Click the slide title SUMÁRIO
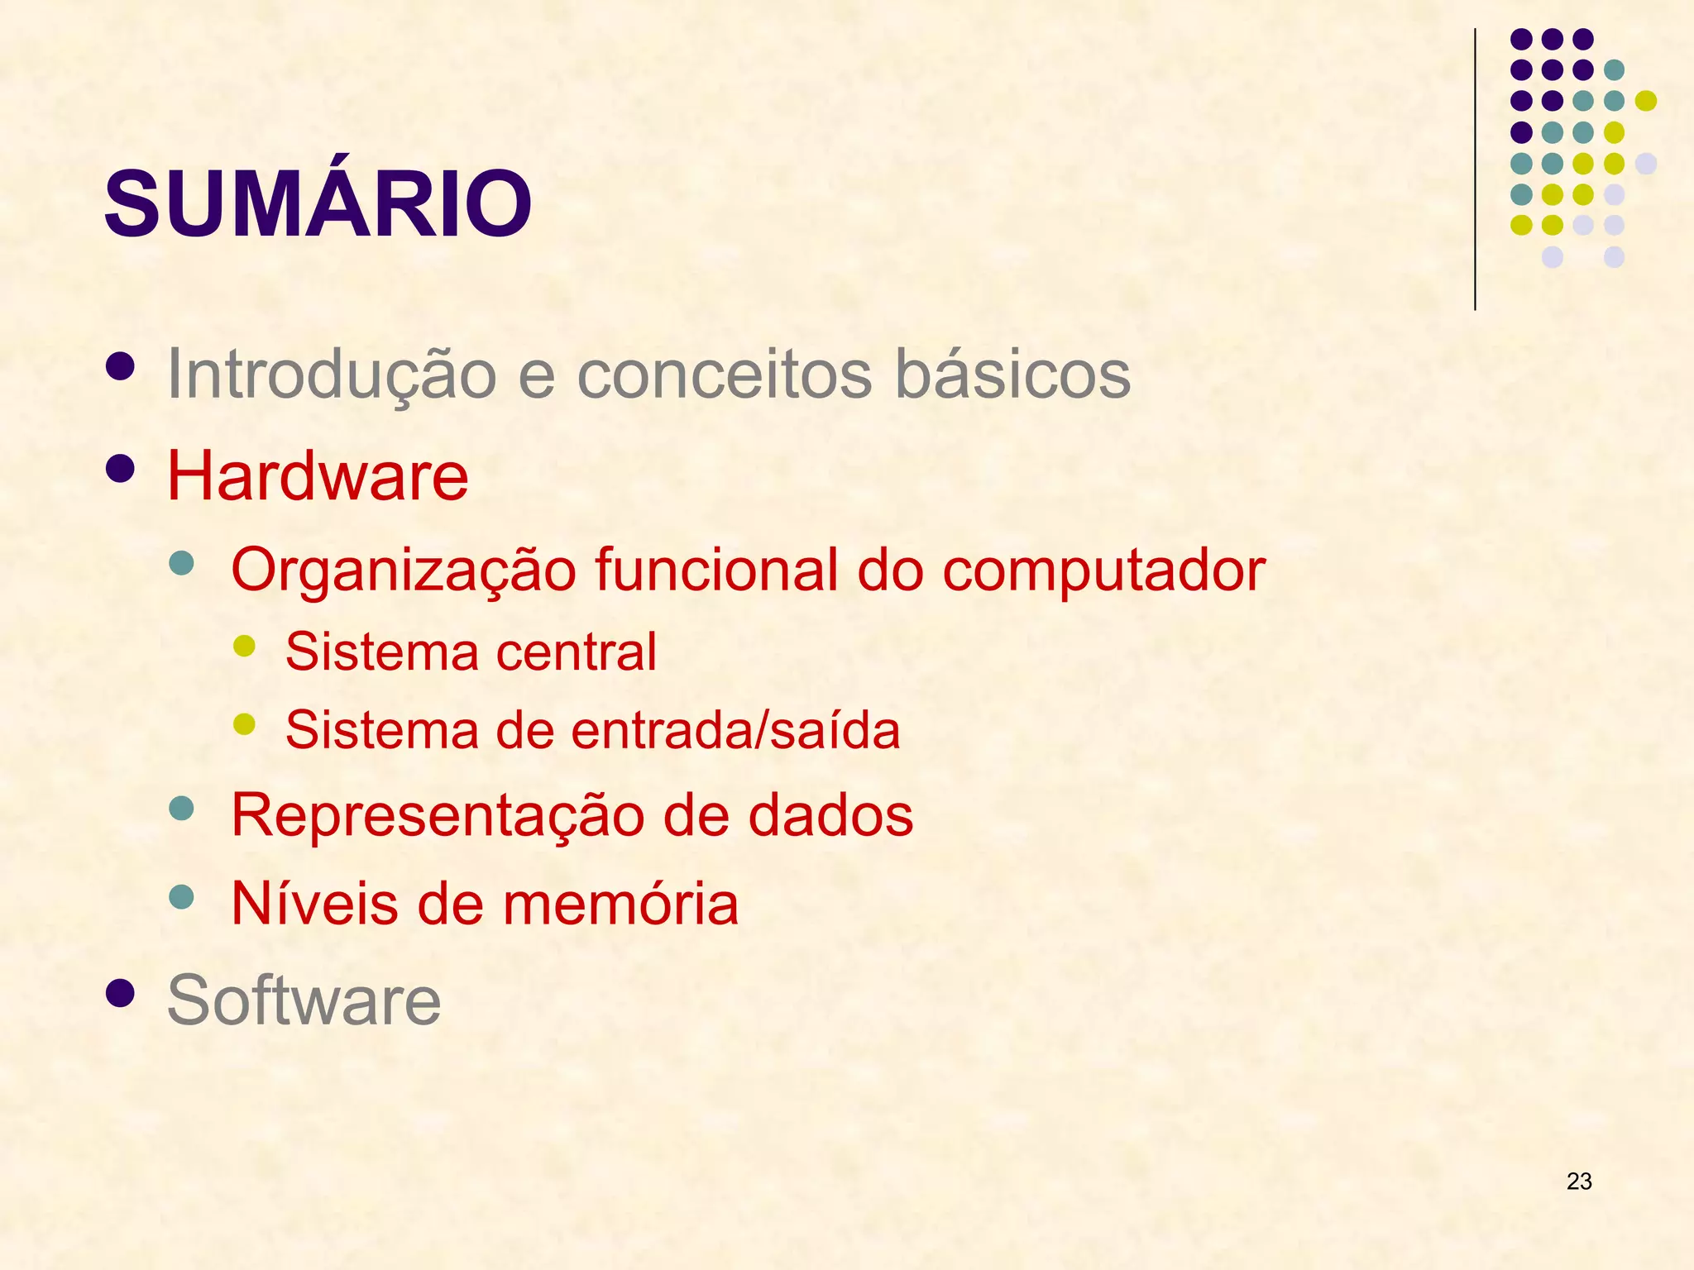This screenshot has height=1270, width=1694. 318,203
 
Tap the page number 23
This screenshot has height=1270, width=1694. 1578,1182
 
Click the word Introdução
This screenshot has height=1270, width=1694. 331,375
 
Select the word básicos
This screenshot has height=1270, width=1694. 1012,375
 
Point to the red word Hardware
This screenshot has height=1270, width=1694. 318,477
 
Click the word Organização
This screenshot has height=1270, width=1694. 403,571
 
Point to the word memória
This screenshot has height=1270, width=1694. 620,904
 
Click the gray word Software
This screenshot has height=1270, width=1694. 304,1001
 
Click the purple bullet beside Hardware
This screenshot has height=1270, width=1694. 121,469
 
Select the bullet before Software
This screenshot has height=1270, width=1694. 121,993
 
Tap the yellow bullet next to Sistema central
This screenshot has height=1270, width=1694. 244,646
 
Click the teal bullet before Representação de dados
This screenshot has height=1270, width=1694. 180,808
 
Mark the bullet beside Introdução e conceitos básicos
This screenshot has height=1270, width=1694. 121,367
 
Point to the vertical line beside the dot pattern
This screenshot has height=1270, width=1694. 1475,169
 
